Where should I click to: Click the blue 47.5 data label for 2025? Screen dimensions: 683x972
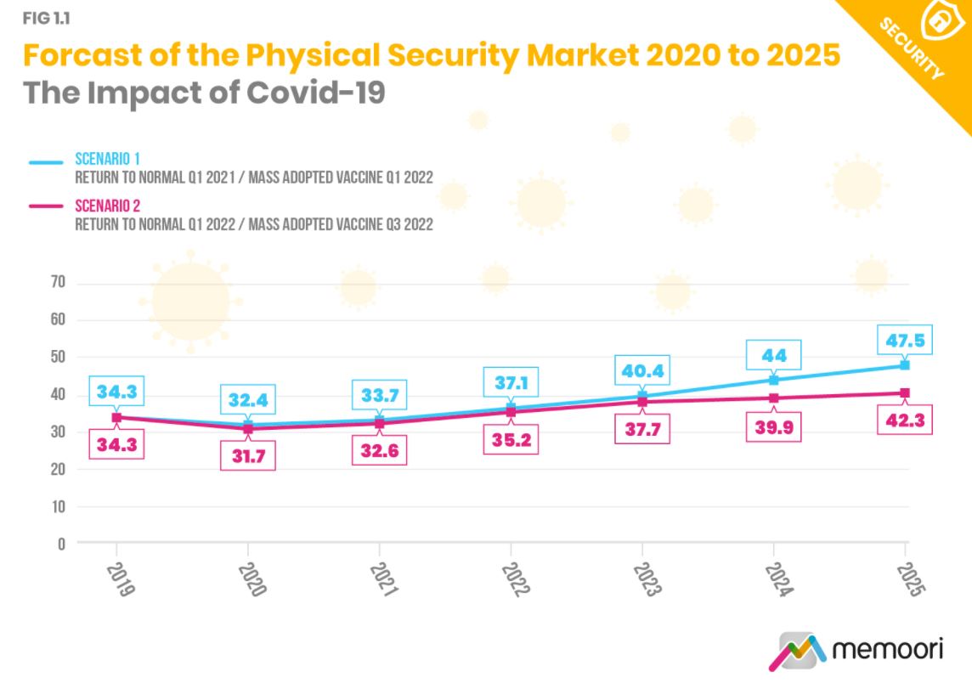(x=906, y=341)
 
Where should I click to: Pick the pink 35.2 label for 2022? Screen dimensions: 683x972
(x=511, y=440)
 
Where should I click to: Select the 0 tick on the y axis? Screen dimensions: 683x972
(x=60, y=543)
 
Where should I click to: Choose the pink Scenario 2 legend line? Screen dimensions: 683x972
(x=46, y=206)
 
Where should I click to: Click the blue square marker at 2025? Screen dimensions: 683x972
(x=906, y=365)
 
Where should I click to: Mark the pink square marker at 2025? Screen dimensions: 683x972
(x=906, y=392)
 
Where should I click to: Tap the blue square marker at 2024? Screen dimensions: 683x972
(x=774, y=380)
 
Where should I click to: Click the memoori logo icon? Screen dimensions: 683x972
(x=797, y=652)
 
